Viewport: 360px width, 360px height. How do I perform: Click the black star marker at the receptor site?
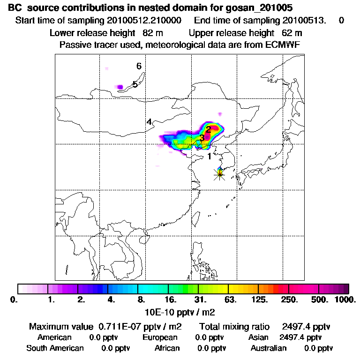(219, 174)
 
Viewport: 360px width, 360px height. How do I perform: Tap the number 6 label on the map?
(139, 66)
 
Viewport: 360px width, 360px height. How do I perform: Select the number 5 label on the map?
(135, 84)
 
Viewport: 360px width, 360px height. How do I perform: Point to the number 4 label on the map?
(149, 122)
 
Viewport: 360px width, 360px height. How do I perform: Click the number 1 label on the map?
(210, 156)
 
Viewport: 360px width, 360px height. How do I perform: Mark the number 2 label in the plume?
(209, 130)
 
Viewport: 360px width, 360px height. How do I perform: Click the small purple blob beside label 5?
(120, 87)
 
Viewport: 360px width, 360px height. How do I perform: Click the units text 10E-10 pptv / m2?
(180, 311)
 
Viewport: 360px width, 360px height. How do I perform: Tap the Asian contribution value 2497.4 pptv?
(300, 337)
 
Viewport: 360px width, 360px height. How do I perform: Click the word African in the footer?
(167, 348)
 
